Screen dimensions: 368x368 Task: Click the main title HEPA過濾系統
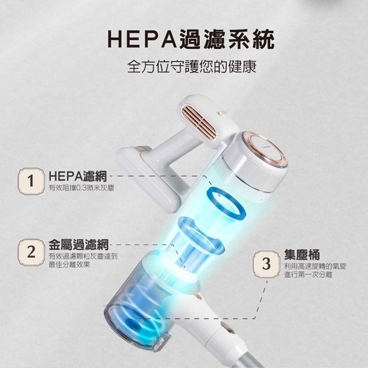tap(191, 40)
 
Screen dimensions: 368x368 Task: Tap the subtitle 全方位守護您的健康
tap(192, 67)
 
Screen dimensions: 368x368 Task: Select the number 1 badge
tap(31, 181)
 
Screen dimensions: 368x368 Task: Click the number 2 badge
tap(31, 252)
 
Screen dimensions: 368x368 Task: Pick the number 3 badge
tap(266, 264)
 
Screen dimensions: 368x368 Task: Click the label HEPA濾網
tap(78, 176)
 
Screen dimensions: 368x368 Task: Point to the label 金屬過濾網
tap(79, 245)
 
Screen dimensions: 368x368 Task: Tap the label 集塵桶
tap(302, 255)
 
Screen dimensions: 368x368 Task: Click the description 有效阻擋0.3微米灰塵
tap(81, 188)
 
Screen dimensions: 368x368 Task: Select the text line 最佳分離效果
tap(69, 265)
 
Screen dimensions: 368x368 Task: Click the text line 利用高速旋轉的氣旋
tap(315, 266)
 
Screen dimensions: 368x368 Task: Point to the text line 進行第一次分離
tap(308, 274)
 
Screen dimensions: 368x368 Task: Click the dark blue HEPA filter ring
tap(226, 204)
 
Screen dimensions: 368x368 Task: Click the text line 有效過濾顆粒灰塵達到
tap(83, 256)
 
